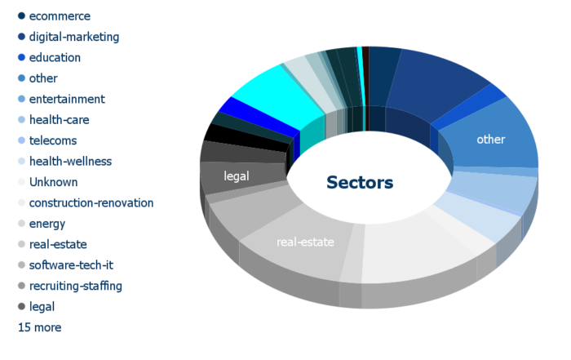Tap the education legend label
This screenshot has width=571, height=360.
point(55,58)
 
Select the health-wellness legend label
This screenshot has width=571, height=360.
point(70,162)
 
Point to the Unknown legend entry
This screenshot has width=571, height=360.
point(53,182)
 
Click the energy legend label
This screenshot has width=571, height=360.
point(47,224)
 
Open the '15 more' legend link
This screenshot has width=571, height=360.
point(40,327)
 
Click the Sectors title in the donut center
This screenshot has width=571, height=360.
point(360,183)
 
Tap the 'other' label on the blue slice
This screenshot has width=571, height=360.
point(490,140)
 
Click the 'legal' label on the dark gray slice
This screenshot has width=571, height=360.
point(237,176)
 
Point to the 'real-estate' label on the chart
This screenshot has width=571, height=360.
point(305,242)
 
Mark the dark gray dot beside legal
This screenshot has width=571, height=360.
point(21,306)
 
